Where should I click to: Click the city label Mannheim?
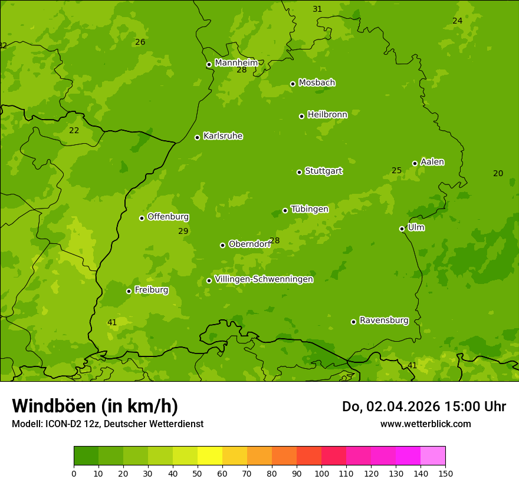coord(236,63)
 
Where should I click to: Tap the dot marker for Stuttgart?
coord(300,172)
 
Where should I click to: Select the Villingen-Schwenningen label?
coord(264,279)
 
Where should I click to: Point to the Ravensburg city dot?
coord(354,322)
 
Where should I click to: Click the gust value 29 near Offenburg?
coord(183,231)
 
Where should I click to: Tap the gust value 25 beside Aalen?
coord(397,171)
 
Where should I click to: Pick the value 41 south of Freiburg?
coord(112,322)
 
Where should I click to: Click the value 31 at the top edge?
coord(317,9)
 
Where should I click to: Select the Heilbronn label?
coord(327,114)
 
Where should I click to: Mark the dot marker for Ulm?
coord(402,229)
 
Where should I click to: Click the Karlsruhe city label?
coord(223,136)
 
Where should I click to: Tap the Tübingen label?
coord(310,209)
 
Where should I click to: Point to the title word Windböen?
coord(53,406)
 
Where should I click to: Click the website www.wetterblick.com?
coord(425,424)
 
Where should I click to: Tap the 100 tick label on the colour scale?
coord(321,473)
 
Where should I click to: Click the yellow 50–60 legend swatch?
coord(210,456)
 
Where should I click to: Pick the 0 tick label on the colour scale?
coord(74,473)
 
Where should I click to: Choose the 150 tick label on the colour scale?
coord(445,473)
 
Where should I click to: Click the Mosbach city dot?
coord(293,84)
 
